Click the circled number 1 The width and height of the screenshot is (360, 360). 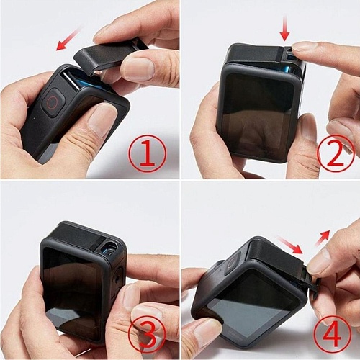(x=148, y=153)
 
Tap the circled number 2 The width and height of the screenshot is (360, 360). (x=336, y=153)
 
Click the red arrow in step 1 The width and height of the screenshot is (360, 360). (x=69, y=38)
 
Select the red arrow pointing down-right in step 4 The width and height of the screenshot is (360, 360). (x=289, y=245)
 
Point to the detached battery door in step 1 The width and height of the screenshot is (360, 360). (x=107, y=56)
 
